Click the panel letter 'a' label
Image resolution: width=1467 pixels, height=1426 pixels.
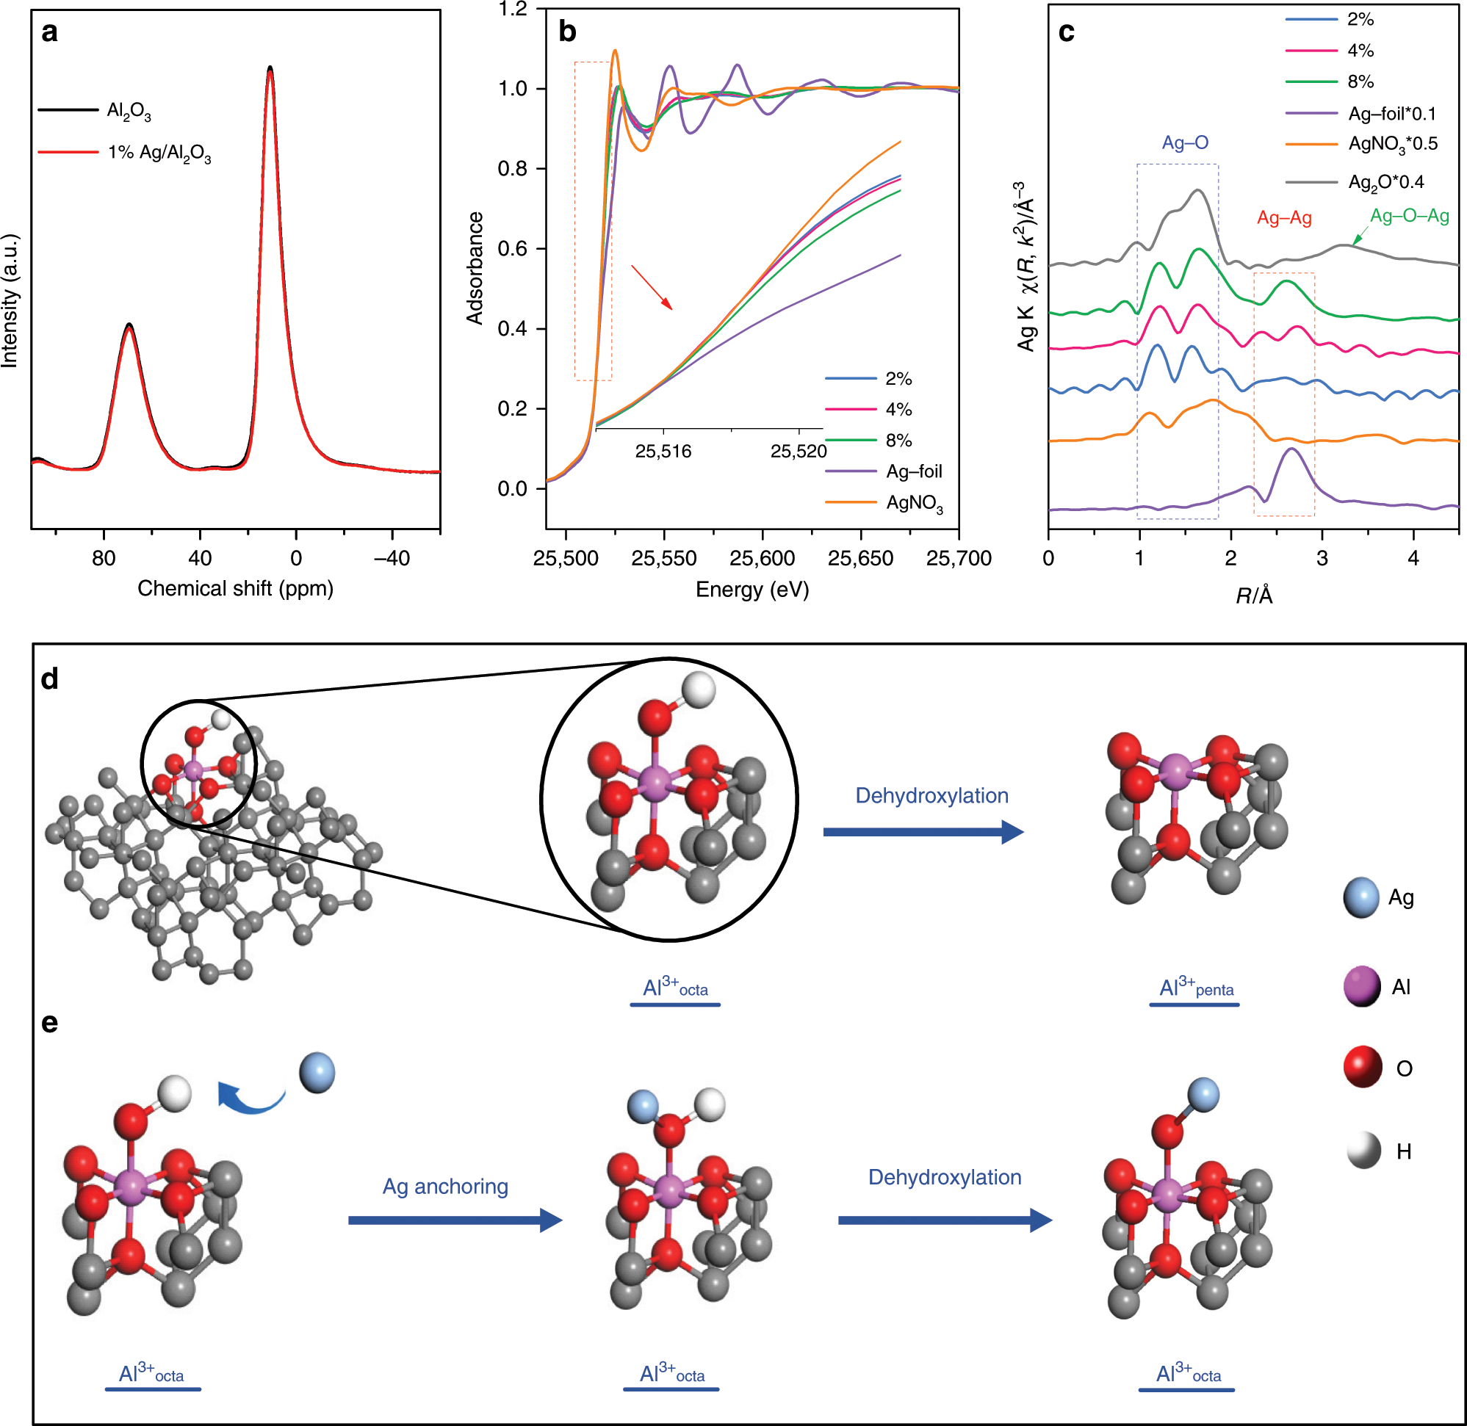point(49,33)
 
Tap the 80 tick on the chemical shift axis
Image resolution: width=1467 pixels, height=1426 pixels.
point(104,558)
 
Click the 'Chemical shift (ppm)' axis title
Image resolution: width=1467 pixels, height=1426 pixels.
point(235,589)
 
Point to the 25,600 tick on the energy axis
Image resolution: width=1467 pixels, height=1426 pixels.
point(762,559)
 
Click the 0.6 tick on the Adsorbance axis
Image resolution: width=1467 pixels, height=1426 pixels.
point(513,249)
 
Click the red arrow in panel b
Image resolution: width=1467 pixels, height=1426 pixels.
point(651,287)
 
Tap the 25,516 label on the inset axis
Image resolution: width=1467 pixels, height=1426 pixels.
point(663,452)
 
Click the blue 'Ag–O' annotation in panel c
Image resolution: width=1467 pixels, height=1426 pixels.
point(1184,142)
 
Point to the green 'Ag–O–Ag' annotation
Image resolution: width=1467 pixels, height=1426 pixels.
point(1409,217)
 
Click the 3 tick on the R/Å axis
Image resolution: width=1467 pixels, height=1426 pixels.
point(1322,558)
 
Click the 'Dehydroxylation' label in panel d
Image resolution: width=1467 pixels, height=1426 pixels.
point(931,796)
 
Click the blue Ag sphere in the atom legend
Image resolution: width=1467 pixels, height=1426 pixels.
point(1360,898)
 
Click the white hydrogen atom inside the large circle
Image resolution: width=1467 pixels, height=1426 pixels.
point(700,690)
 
